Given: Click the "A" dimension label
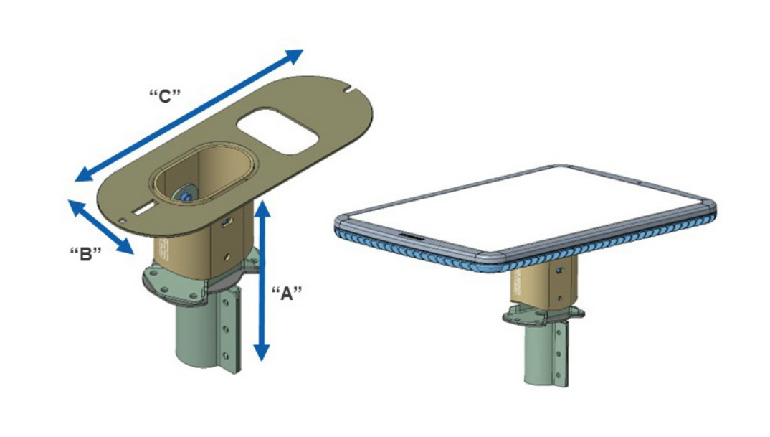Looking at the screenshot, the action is click(x=286, y=293).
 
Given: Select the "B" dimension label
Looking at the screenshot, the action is click(x=85, y=254).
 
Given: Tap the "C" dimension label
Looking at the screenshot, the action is click(x=165, y=96).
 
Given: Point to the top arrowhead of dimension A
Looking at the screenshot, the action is click(x=262, y=209).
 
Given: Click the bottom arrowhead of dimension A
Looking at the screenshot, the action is click(x=262, y=352).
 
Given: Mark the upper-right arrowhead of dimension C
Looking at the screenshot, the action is click(x=294, y=56).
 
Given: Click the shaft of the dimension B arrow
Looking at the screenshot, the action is click(x=100, y=227).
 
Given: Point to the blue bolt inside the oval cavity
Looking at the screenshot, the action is click(x=186, y=195).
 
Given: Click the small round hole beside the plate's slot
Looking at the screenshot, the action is click(x=122, y=221).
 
